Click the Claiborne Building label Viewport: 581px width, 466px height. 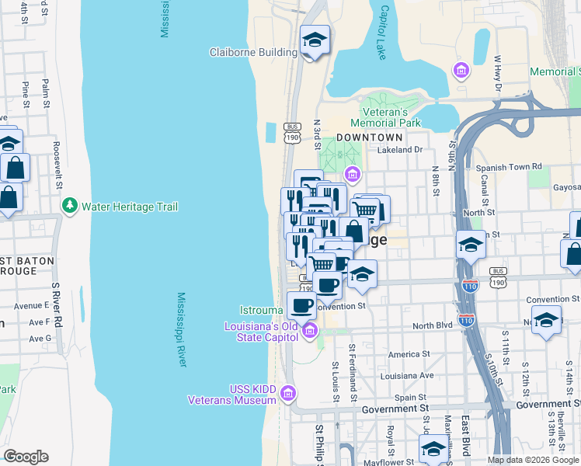point(253,53)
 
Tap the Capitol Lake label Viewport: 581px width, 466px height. point(381,33)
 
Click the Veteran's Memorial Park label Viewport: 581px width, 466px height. point(385,117)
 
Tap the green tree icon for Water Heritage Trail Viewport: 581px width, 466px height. point(69,207)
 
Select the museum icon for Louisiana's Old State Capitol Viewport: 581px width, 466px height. point(310,332)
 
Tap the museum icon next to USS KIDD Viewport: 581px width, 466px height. point(289,394)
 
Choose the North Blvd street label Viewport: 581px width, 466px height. point(432,325)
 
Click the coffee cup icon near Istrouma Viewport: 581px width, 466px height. point(301,304)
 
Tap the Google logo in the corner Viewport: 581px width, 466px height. point(26,457)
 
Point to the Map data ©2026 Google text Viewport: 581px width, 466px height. point(533,460)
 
